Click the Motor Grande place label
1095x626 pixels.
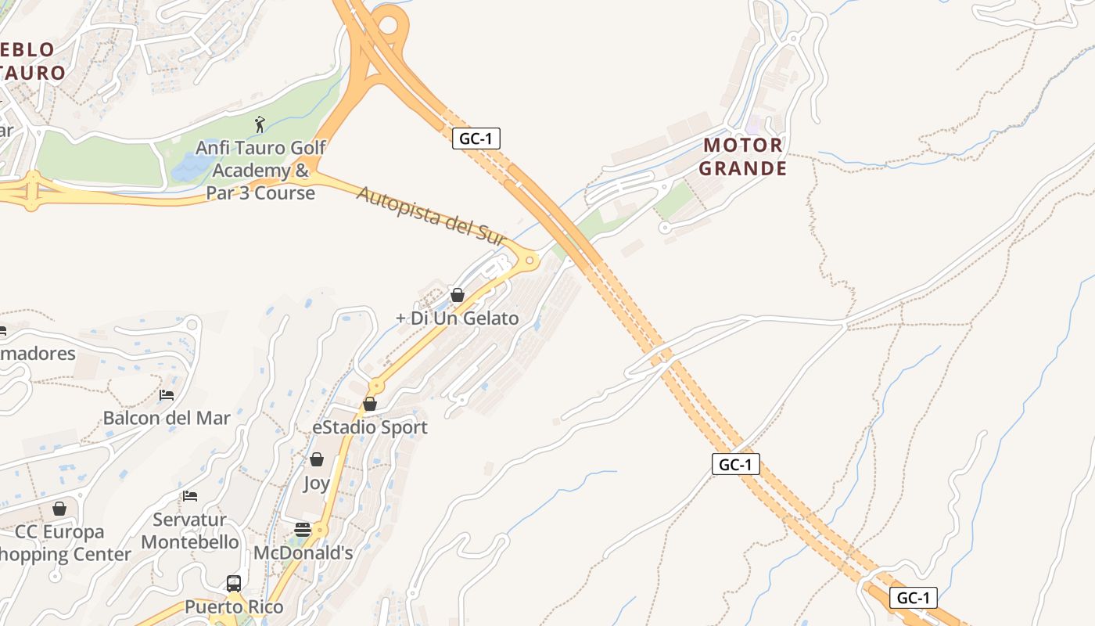tap(742, 156)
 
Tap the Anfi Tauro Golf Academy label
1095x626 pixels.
tap(260, 170)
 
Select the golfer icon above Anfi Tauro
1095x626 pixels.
tap(260, 124)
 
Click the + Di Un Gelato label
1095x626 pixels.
tap(457, 318)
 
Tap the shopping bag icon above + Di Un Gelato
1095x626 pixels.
tap(458, 295)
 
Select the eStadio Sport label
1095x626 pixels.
tap(370, 427)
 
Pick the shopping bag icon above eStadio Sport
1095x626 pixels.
tap(370, 404)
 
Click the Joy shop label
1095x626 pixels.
tap(317, 483)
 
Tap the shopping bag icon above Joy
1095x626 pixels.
tap(317, 459)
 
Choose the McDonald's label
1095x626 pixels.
tap(303, 552)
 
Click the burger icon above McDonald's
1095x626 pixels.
tap(303, 530)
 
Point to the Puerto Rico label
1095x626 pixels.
tap(234, 606)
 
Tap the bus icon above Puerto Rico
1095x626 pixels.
tap(234, 583)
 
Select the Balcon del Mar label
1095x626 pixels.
tap(167, 418)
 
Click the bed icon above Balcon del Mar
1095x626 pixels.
tap(167, 395)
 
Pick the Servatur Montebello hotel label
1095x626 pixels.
tap(190, 531)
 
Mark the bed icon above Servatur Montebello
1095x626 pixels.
tap(190, 496)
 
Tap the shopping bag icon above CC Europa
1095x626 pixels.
tap(59, 509)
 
